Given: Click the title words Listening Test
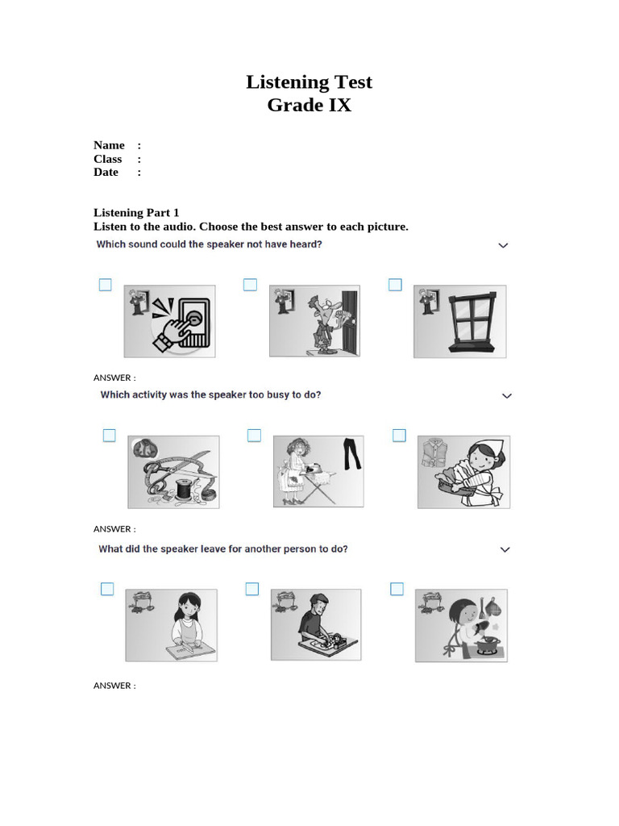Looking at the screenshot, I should pos(309,82).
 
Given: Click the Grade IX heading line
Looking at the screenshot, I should pos(309,105).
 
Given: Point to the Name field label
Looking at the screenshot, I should pos(109,145).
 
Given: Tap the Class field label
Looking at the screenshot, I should pos(107,159).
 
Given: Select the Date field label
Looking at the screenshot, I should pos(106,172).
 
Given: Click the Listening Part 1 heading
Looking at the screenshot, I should pos(136,213).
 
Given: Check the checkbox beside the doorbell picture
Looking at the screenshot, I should pos(105,285).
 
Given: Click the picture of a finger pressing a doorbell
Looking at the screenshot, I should pos(169,321).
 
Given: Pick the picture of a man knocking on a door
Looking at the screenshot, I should pos(314,321).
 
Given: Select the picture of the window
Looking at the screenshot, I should pos(460,321).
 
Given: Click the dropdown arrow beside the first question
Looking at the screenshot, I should pos(504,245).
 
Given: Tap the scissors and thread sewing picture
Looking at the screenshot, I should pos(173,473).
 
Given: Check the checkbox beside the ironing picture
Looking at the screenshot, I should pos(254,436).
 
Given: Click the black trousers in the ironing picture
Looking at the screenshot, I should pos(351,455).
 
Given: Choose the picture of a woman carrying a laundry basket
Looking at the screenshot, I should pos(463,472).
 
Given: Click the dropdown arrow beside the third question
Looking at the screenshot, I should pos(505,549).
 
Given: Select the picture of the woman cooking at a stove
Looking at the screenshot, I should pos(461,625).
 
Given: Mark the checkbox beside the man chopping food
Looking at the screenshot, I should pos(252,589).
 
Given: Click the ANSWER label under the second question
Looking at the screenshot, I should pos(114,529).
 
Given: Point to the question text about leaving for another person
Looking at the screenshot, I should pos(223,549).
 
